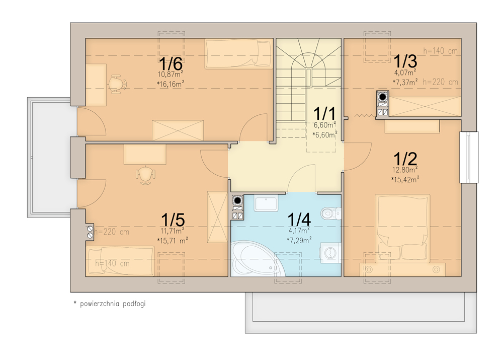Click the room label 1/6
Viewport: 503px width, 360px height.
[x=171, y=63]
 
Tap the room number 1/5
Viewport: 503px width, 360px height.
[x=173, y=221]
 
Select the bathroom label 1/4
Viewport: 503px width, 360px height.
[x=299, y=220]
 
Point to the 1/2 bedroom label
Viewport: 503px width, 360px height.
[x=405, y=159]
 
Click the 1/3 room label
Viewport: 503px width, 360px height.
[x=405, y=61]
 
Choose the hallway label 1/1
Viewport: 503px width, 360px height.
[x=324, y=114]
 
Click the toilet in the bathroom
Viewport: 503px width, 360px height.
[x=330, y=213]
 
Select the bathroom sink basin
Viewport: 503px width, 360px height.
[x=266, y=203]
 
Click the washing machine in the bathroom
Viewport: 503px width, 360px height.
[x=330, y=253]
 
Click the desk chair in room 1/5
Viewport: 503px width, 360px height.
[x=146, y=175]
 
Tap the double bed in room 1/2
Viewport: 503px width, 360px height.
[x=402, y=229]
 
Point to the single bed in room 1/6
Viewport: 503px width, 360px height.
[x=239, y=54]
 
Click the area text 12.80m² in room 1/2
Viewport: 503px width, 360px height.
[x=405, y=170]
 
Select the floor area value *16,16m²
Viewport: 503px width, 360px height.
[x=171, y=84]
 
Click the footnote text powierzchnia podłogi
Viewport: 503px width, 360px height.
[x=113, y=304]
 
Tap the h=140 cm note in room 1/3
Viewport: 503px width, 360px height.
[x=440, y=51]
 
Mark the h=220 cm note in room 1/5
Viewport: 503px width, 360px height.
[x=112, y=232]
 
